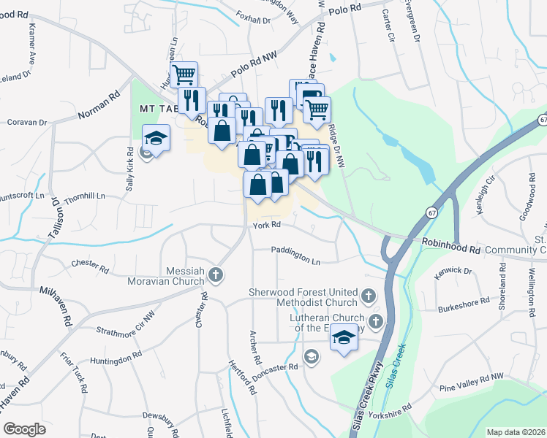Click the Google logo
(25, 429)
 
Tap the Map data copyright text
(516, 432)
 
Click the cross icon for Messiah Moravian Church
(215, 274)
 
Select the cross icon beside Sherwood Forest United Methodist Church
(368, 297)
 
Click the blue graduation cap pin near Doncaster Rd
(344, 338)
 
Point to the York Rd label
(267, 226)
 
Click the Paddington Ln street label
(295, 261)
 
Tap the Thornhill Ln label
(85, 197)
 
